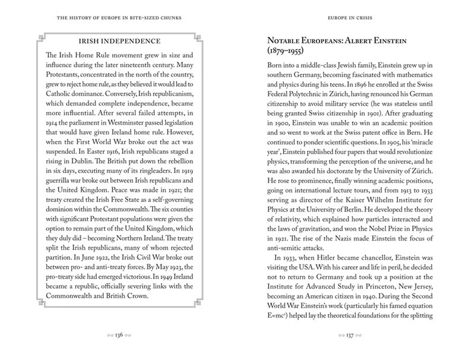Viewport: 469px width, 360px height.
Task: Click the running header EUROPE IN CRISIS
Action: [351, 17]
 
